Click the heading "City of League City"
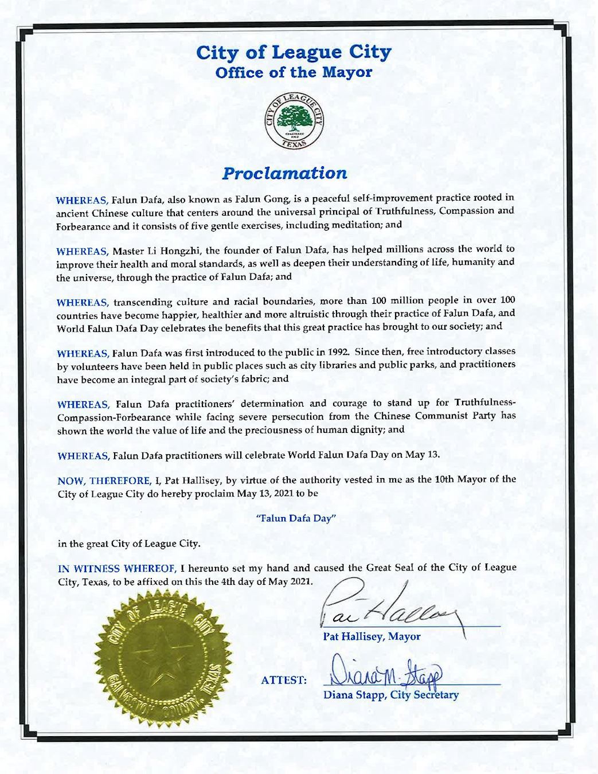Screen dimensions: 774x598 pyautogui.click(x=294, y=52)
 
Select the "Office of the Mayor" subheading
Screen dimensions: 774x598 pyautogui.click(x=294, y=73)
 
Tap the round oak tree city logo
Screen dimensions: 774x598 pyautogui.click(x=294, y=120)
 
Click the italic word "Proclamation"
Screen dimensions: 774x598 pyautogui.click(x=284, y=173)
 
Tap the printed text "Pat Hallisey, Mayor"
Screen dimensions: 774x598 pyautogui.click(x=372, y=636)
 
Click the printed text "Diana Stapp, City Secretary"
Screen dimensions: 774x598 pyautogui.click(x=391, y=695)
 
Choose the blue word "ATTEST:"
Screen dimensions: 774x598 pyautogui.click(x=284, y=681)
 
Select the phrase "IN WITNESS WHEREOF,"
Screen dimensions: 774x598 pyautogui.click(x=116, y=568)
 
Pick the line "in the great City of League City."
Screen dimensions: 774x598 pyautogui.click(x=128, y=544)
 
